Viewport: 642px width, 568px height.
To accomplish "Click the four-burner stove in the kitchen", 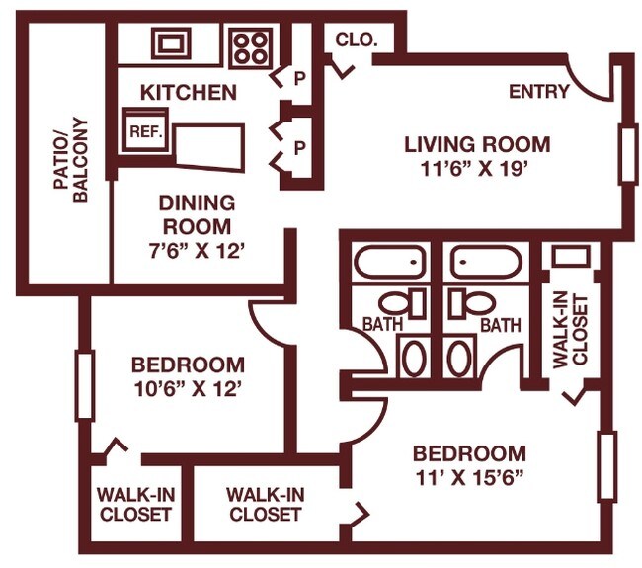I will (x=250, y=44).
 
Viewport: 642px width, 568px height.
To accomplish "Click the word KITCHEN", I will (x=188, y=94).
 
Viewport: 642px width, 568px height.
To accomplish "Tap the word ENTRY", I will (x=538, y=92).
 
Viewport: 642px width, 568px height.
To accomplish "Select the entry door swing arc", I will (x=593, y=84).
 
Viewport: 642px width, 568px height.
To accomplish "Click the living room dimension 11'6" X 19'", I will (x=478, y=169).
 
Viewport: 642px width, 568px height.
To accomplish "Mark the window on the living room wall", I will (x=627, y=153).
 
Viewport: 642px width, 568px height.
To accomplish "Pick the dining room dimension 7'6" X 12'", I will (x=197, y=251).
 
